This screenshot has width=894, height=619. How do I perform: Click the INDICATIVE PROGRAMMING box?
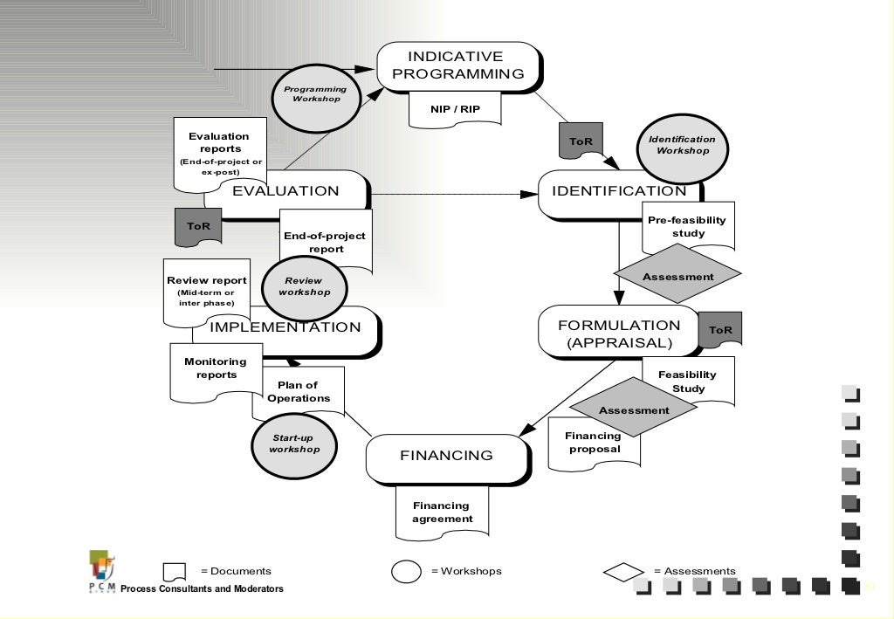tap(457, 65)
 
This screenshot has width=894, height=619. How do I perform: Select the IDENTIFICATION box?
tap(619, 192)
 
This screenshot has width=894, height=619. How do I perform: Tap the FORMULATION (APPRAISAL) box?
tap(619, 333)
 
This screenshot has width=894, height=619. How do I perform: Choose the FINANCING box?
tap(446, 456)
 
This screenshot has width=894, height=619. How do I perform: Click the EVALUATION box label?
tap(285, 191)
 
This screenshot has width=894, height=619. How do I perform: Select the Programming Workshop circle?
tap(314, 94)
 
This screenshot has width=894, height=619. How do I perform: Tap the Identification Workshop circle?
tap(682, 146)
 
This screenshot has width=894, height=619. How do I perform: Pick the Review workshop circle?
tap(304, 287)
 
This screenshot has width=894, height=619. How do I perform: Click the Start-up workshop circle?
tap(293, 444)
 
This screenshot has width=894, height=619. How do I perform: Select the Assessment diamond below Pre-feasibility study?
tap(677, 277)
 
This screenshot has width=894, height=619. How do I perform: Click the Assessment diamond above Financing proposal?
tap(634, 409)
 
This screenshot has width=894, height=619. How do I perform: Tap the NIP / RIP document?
tap(454, 109)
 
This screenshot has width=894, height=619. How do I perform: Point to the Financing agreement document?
tap(441, 513)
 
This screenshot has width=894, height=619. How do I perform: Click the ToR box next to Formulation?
tap(720, 330)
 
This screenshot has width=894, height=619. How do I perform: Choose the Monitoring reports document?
tap(215, 369)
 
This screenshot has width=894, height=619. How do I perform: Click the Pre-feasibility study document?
tap(688, 226)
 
